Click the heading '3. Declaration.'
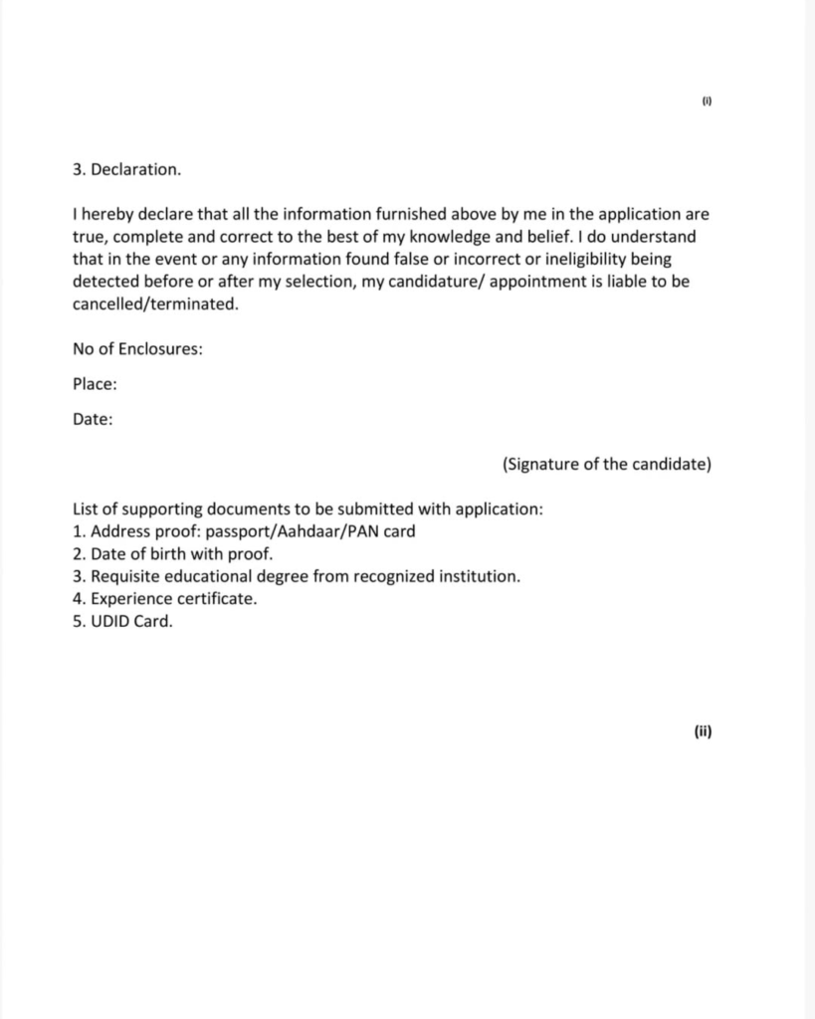126,169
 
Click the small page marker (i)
707,102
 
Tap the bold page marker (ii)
703,731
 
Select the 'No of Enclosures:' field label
137,349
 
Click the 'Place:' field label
95,384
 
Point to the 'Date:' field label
93,419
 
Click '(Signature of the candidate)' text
607,464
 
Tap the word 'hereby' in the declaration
107,214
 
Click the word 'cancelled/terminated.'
155,305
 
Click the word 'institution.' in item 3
482,577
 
